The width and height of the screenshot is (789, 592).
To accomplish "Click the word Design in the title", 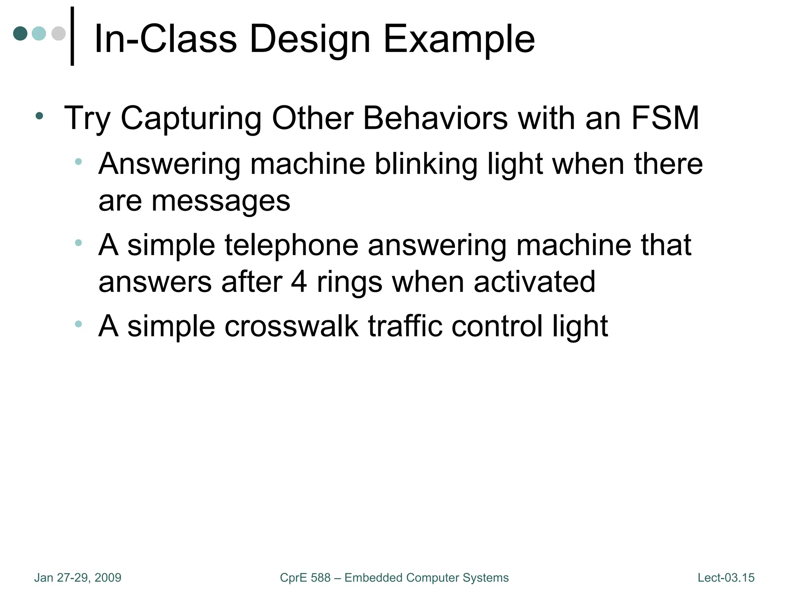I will pos(310,39).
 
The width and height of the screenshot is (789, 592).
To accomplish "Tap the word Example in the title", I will pos(459,39).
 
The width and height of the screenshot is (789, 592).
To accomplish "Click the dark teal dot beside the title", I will pos(20,33).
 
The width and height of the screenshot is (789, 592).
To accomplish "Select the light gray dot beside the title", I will pos(59,33).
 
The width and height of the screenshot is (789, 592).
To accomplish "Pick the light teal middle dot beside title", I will pos(39,33).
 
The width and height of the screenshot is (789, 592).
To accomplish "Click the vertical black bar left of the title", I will pos(72,36).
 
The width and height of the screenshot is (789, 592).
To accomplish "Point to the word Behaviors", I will pos(435,118).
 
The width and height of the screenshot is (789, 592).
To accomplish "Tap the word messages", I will pos(221,201).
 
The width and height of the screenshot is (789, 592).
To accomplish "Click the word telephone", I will pos(292,245).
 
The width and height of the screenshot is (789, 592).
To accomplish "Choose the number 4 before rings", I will pos(299,282).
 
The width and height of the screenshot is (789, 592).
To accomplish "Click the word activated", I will pos(534,282).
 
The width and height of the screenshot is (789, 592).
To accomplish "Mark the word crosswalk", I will pos(292,326).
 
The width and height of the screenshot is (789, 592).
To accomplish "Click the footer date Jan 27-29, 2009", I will pos(78,578).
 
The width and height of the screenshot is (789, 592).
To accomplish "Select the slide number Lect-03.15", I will pos(726,578).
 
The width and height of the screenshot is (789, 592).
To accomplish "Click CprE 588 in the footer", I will pos(305,578).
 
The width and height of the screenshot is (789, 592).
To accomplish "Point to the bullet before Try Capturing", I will pos(39,116).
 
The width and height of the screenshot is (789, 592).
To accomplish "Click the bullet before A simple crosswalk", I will pos(79,324).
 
